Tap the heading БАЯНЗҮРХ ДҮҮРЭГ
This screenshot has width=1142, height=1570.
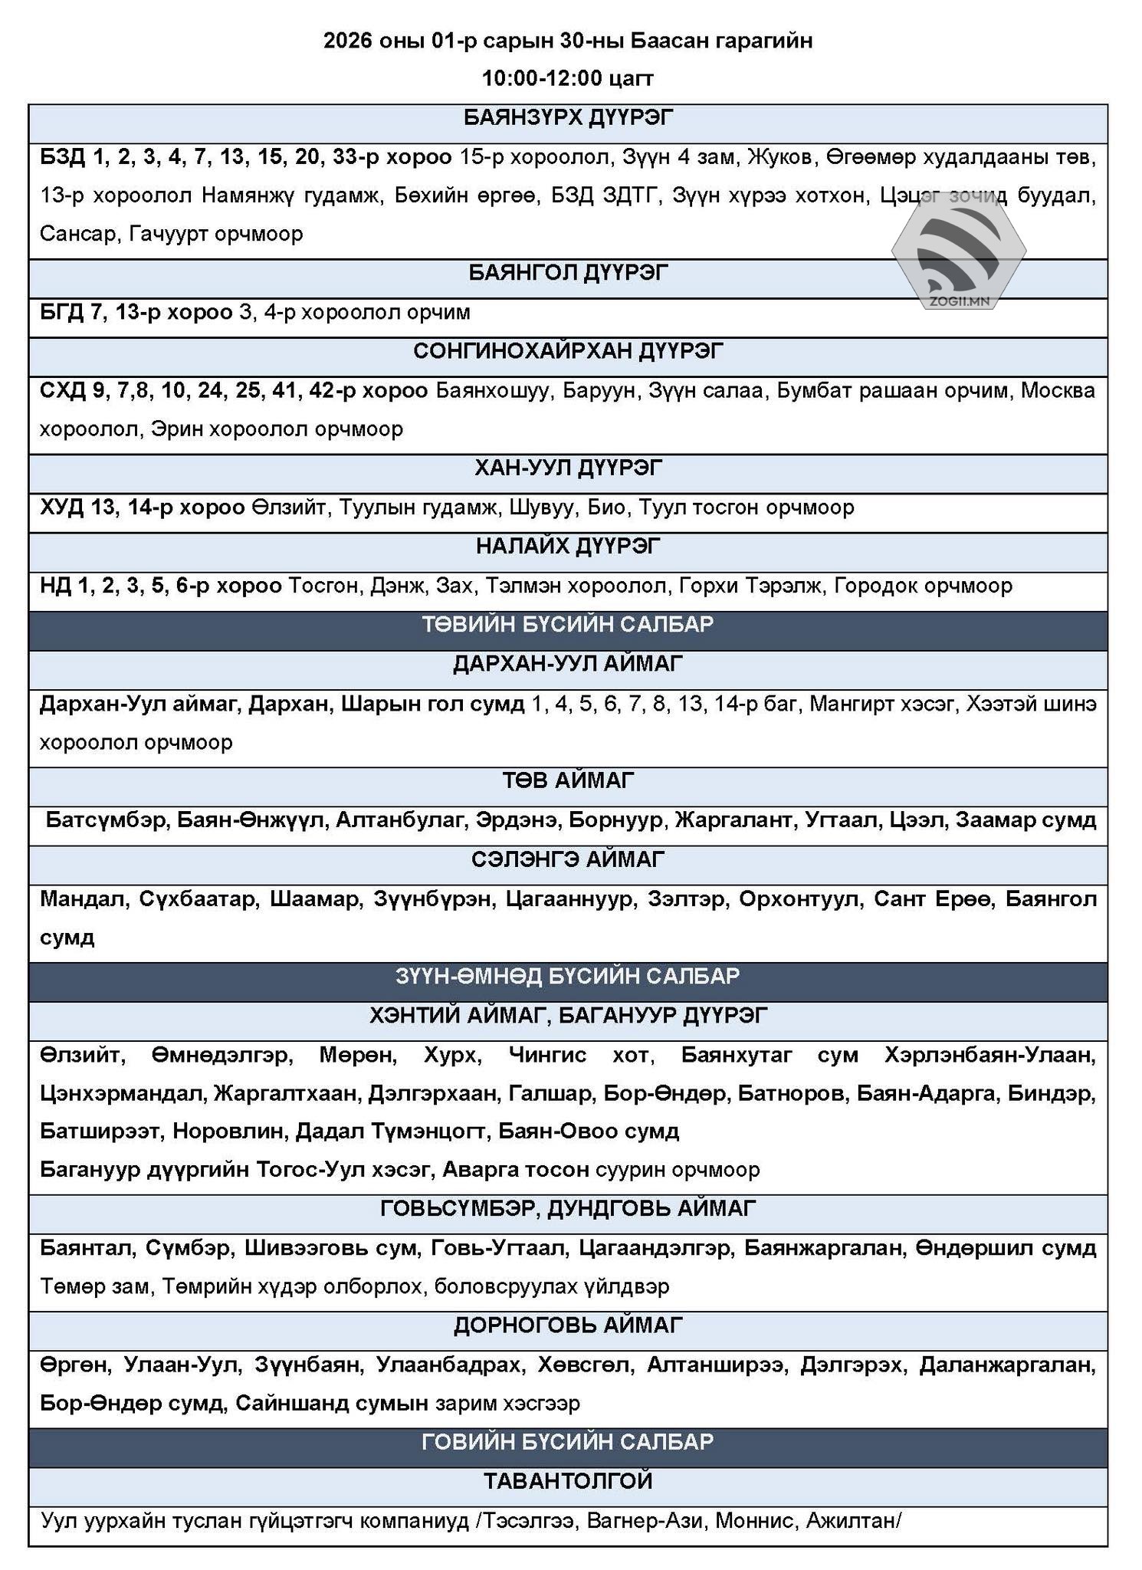click(x=568, y=118)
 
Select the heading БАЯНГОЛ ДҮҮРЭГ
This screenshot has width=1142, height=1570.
click(x=568, y=273)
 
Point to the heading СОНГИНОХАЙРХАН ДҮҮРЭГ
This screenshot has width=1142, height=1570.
click(x=568, y=351)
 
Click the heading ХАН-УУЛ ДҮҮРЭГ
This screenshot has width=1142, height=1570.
click(x=568, y=468)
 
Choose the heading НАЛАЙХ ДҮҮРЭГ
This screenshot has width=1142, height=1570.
click(x=568, y=546)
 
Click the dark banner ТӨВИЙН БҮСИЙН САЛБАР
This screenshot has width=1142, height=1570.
click(x=568, y=624)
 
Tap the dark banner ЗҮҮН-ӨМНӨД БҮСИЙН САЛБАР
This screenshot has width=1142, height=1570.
click(x=568, y=976)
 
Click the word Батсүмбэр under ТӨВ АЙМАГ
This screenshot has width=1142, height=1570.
click(x=106, y=820)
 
